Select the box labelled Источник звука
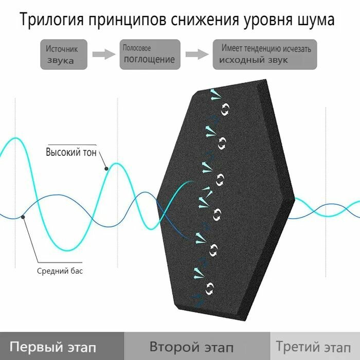pyautogui.click(x=64, y=55)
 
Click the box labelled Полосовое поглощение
pyautogui.click(x=150, y=55)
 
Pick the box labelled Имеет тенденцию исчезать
pyautogui.click(x=265, y=55)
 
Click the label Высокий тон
pyautogui.click(x=71, y=153)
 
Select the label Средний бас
pyautogui.click(x=60, y=271)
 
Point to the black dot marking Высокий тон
pyautogui.click(x=105, y=168)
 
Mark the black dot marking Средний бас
pyautogui.click(x=24, y=218)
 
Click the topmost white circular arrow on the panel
pyautogui.click(x=225, y=109)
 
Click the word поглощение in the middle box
pyautogui.click(x=149, y=60)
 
